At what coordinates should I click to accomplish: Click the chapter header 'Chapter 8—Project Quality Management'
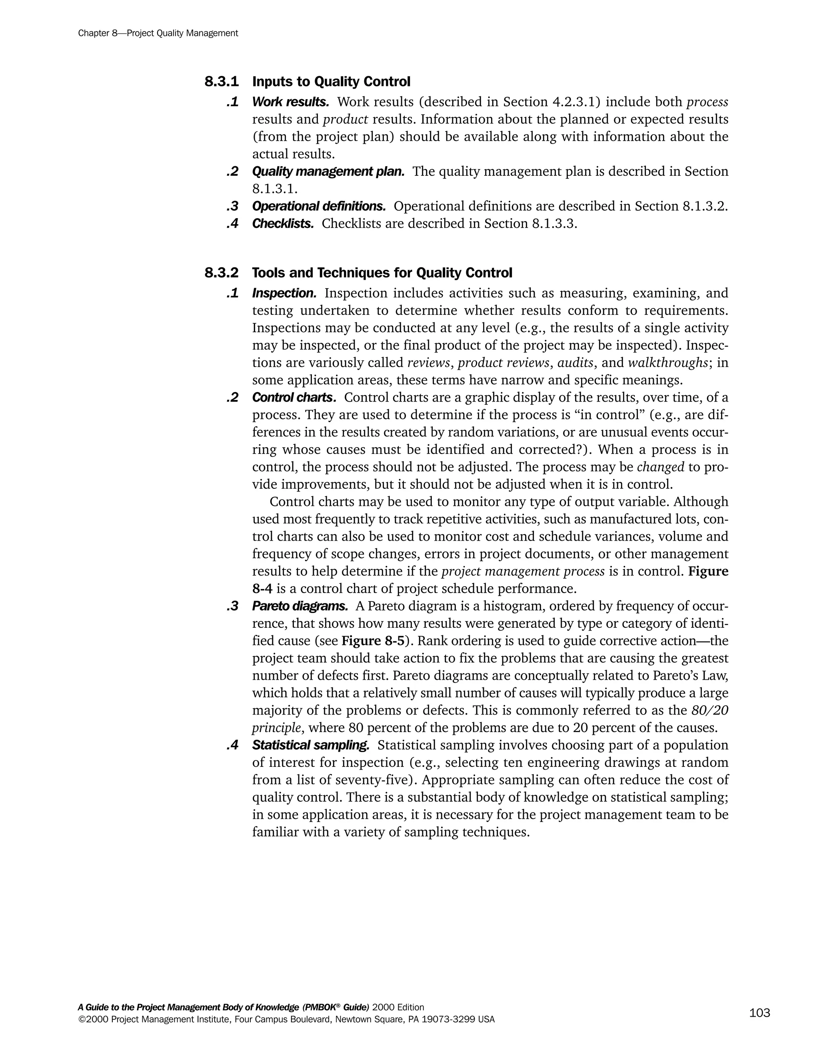coord(158,33)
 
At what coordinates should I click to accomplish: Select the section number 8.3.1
coord(221,82)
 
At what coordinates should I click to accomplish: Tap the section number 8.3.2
coord(221,273)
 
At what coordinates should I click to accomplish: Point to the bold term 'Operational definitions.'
coord(319,206)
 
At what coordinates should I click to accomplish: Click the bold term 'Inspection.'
coord(284,293)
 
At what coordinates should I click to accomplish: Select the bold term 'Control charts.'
coord(294,397)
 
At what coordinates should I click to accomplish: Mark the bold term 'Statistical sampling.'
coord(310,745)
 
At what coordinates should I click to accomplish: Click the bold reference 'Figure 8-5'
coord(373,641)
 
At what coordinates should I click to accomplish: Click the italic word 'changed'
coord(660,467)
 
